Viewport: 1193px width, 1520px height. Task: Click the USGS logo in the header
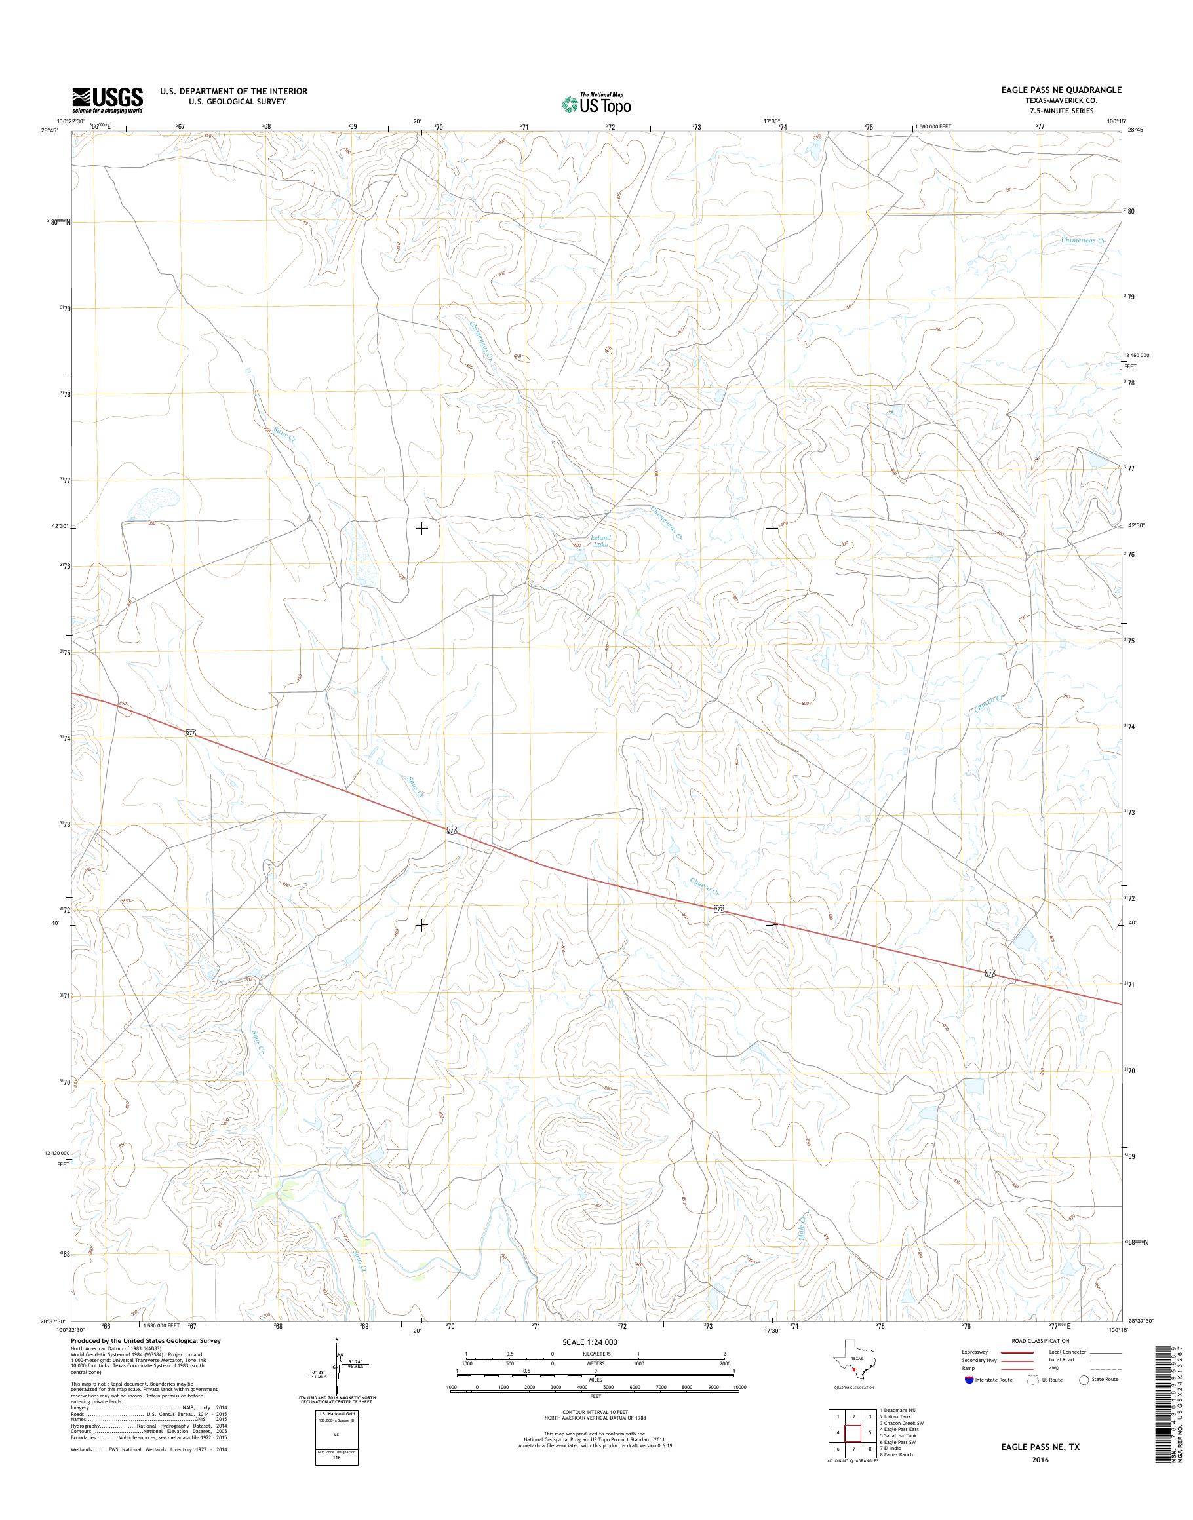point(108,100)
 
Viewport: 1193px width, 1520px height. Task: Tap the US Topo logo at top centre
point(596,104)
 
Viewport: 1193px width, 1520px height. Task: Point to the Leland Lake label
point(600,541)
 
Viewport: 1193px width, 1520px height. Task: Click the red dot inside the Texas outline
point(853,1370)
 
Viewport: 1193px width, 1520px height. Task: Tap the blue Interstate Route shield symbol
point(969,1380)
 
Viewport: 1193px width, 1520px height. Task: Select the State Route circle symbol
point(1084,1380)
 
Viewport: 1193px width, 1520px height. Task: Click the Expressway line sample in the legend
point(1019,1352)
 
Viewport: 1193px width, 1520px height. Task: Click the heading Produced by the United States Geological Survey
point(146,1341)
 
